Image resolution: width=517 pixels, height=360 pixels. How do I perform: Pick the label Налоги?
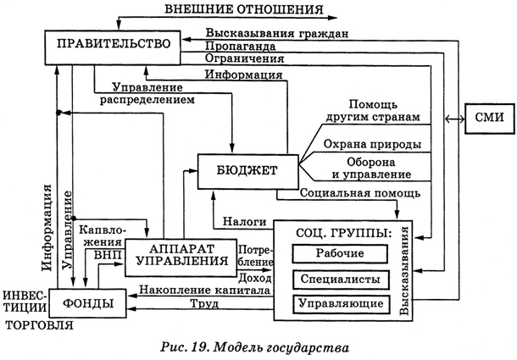point(245,221)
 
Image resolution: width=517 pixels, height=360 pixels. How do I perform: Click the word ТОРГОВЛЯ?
point(38,323)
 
